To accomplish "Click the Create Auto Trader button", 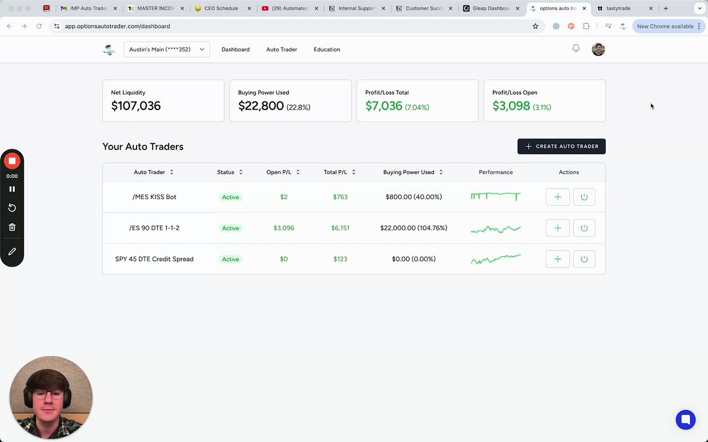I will [x=561, y=146].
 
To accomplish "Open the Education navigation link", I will [x=326, y=49].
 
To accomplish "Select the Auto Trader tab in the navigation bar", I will [x=282, y=49].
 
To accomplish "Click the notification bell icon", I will [x=576, y=49].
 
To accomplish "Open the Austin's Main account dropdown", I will [x=166, y=49].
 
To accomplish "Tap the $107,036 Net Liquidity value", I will [x=136, y=106].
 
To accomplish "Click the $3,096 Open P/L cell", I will [x=284, y=228].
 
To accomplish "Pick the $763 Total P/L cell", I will [x=340, y=197].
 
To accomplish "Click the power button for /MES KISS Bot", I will [x=584, y=197].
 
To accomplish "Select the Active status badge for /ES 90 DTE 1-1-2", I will [x=231, y=228].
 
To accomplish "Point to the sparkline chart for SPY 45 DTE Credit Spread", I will [x=496, y=259].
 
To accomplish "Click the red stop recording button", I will [x=12, y=161].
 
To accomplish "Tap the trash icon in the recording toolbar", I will [x=12, y=227].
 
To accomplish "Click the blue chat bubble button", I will [x=685, y=419].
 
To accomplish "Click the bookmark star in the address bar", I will [x=535, y=26].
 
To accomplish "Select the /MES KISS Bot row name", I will [x=154, y=197].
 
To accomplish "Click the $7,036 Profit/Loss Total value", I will [x=384, y=106].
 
